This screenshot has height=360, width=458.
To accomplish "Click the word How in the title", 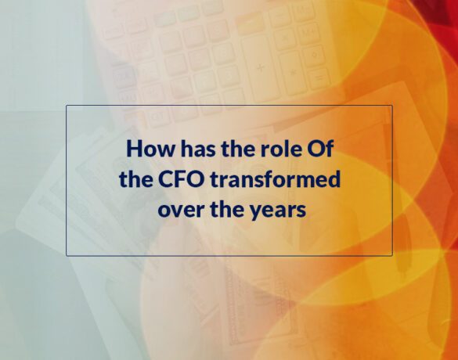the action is tap(151, 149).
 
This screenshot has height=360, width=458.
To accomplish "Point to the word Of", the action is tap(319, 149).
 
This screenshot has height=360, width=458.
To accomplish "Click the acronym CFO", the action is tap(181, 179).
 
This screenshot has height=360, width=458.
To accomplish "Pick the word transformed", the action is tap(275, 179).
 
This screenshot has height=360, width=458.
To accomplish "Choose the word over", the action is tap(181, 210).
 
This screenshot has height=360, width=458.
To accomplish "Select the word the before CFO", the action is tap(135, 179).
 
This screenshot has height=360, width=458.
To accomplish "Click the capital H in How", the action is tap(134, 149).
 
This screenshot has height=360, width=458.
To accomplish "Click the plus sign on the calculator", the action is tap(260, 68).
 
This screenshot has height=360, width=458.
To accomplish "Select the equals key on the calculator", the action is tap(319, 77).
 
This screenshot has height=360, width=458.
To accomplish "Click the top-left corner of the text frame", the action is tap(67, 106).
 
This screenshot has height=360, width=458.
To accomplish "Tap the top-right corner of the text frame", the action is tap(392, 106).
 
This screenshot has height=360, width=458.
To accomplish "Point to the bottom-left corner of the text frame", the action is tap(67, 256).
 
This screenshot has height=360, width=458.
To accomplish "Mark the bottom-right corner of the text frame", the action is tap(392, 256).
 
